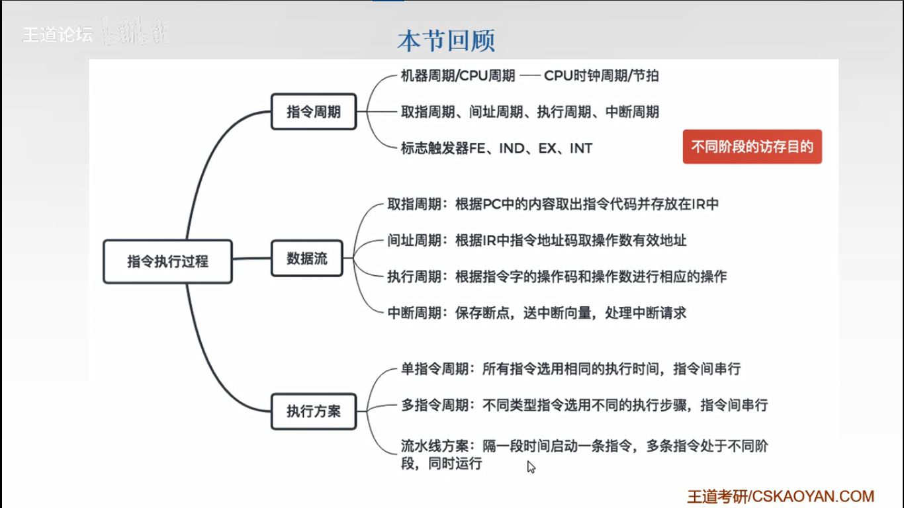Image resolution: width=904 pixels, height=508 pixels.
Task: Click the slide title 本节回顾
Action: click(446, 41)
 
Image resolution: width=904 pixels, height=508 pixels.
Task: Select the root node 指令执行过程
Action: click(167, 261)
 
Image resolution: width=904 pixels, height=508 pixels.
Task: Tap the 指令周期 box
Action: click(314, 112)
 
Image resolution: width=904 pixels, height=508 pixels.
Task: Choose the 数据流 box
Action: click(307, 258)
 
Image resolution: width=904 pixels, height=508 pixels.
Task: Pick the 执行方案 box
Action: click(314, 411)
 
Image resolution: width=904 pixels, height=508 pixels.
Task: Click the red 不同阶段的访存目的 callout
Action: click(752, 147)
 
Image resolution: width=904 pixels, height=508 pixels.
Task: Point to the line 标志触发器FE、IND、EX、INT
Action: click(496, 148)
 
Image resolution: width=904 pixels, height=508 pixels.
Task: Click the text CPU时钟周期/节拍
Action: click(601, 75)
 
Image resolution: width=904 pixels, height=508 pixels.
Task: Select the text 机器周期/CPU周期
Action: click(458, 75)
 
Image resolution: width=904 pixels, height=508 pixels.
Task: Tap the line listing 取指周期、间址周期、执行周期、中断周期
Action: click(529, 112)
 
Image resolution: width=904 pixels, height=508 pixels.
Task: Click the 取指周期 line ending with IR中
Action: click(553, 204)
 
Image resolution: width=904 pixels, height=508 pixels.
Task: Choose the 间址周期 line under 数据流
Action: click(537, 240)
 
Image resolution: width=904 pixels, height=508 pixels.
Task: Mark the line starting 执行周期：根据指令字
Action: click(557, 276)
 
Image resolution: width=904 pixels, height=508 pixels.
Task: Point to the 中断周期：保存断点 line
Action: click(537, 313)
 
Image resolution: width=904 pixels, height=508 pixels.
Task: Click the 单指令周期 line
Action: click(570, 369)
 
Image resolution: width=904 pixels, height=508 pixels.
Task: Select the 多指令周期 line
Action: click(584, 405)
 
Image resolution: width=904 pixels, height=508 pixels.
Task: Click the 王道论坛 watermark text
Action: click(58, 34)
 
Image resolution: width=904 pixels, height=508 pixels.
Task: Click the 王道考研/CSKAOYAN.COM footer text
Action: click(780, 496)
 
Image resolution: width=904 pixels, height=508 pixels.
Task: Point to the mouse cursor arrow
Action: click(531, 466)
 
